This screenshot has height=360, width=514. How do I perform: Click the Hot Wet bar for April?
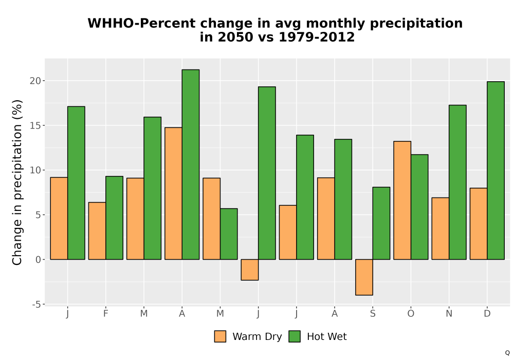(x=191, y=165)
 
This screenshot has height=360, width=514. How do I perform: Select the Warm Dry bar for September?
(x=364, y=277)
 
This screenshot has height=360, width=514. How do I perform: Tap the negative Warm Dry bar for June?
(x=250, y=270)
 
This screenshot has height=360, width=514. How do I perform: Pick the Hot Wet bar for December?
(x=495, y=171)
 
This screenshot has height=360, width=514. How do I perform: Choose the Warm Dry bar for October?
(x=402, y=201)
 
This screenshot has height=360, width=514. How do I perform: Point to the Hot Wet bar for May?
(x=229, y=234)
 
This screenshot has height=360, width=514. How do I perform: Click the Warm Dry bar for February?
(x=97, y=231)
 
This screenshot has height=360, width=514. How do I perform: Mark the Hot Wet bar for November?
(x=457, y=182)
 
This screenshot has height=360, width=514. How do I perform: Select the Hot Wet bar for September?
(x=381, y=223)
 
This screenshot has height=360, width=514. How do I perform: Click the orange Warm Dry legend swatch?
(x=220, y=336)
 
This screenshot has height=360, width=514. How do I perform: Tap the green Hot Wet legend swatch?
(x=295, y=336)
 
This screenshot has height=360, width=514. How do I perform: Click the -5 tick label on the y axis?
(x=37, y=304)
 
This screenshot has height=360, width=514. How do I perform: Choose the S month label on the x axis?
(x=373, y=314)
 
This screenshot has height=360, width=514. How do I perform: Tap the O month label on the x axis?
(x=411, y=314)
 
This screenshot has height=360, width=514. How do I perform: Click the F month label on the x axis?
(x=105, y=314)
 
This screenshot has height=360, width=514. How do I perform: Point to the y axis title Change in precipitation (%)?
(x=17, y=182)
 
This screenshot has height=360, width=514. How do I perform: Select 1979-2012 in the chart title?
(x=316, y=37)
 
